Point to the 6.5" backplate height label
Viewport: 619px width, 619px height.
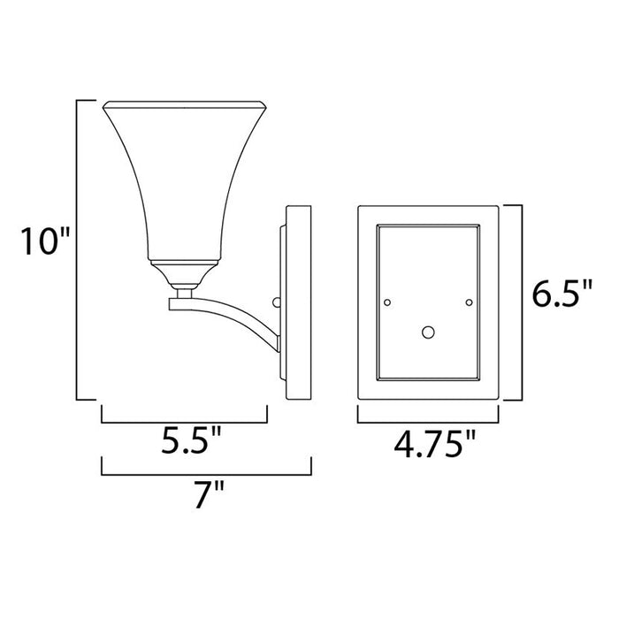562,294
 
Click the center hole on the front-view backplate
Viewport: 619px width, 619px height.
428,333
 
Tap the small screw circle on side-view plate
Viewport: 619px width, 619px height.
276,302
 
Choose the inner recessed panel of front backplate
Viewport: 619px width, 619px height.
428,265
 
